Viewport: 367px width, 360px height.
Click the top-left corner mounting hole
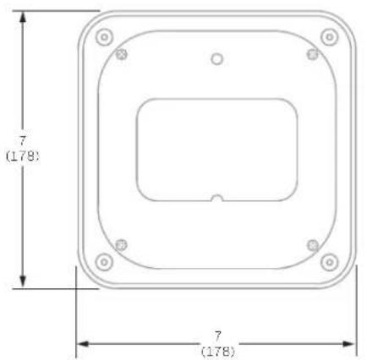tap(104, 37)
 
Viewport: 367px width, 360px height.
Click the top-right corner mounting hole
tap(330, 37)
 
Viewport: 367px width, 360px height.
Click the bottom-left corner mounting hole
tap(104, 262)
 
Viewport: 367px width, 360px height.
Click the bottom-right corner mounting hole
tap(330, 262)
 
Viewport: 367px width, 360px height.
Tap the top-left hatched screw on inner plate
tap(122, 54)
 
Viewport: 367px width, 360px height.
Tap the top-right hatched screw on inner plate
tap(313, 54)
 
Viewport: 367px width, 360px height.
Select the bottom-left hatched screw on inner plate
tap(122, 245)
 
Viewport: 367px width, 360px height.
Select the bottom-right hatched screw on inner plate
tap(313, 245)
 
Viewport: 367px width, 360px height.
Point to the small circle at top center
tap(217, 59)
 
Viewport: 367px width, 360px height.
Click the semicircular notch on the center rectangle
tap(217, 198)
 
